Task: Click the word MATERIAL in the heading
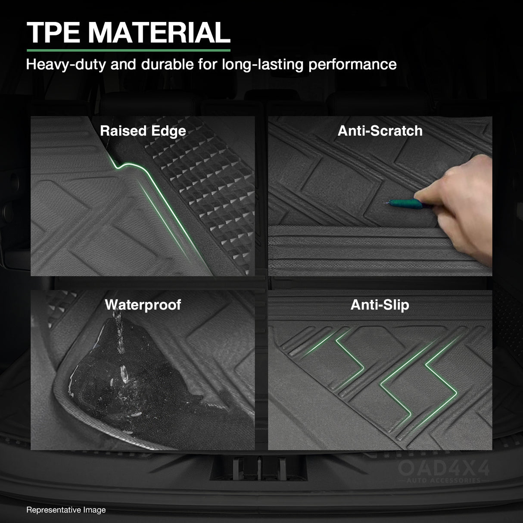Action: [x=160, y=32]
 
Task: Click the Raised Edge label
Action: [x=143, y=131]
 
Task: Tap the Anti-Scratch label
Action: [x=380, y=131]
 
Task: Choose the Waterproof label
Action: [x=143, y=305]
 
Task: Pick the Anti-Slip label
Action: [x=380, y=305]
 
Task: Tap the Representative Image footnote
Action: [x=66, y=510]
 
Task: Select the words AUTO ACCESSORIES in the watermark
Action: [x=443, y=480]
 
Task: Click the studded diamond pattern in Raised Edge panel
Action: [x=207, y=181]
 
